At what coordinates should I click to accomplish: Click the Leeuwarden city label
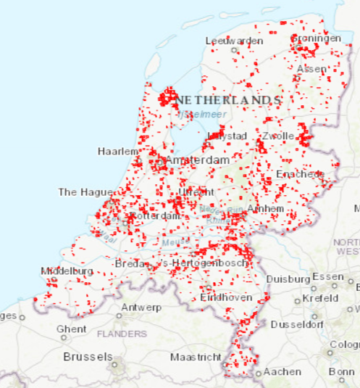234,41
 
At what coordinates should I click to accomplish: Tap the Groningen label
317,38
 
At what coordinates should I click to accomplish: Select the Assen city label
311,69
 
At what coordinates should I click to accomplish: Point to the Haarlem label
118,151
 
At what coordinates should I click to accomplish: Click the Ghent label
71,329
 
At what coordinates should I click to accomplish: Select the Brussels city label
88,357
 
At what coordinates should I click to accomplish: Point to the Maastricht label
196,358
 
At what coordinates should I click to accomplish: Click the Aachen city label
282,372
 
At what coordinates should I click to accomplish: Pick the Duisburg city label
288,278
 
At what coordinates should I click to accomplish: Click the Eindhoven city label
227,297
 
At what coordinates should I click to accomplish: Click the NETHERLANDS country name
227,99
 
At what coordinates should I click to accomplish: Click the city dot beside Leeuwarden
235,51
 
